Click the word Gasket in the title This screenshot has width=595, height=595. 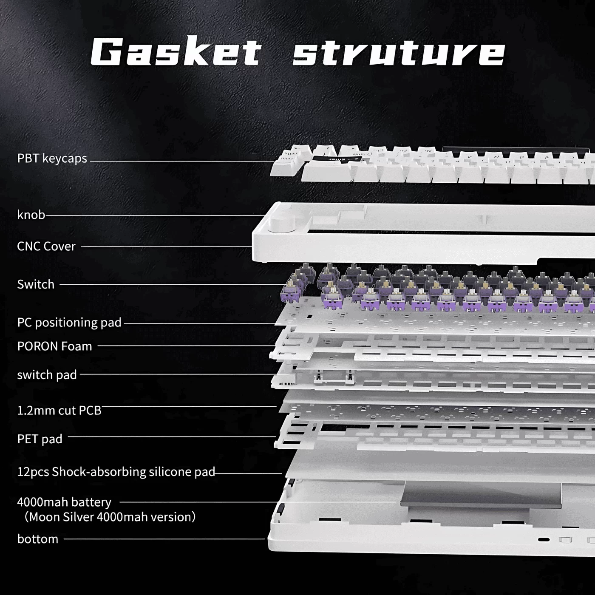176,52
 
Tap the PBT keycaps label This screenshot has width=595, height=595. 52,159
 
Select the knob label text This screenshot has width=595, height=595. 31,215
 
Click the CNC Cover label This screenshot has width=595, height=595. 46,246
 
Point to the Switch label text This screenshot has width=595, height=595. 36,284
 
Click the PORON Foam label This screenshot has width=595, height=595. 54,346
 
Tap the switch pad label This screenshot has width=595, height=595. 47,375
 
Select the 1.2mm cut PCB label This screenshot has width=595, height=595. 59,411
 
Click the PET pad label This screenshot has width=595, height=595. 40,439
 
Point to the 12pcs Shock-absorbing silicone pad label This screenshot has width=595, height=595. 116,472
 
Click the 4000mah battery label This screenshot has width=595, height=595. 64,502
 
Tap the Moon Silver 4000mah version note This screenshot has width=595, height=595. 110,517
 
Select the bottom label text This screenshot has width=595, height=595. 38,539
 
